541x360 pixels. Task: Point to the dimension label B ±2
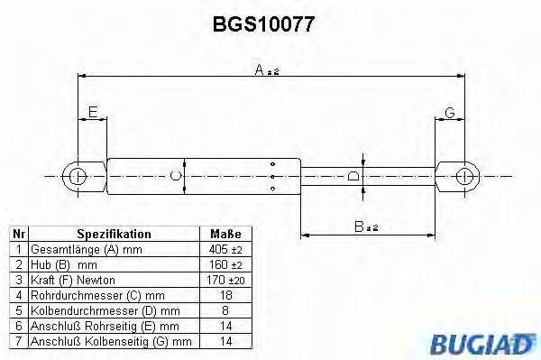click(x=365, y=228)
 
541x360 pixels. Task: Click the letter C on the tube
click(x=177, y=175)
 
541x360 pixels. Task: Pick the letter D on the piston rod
click(x=353, y=175)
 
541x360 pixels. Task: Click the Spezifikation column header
click(x=113, y=234)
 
